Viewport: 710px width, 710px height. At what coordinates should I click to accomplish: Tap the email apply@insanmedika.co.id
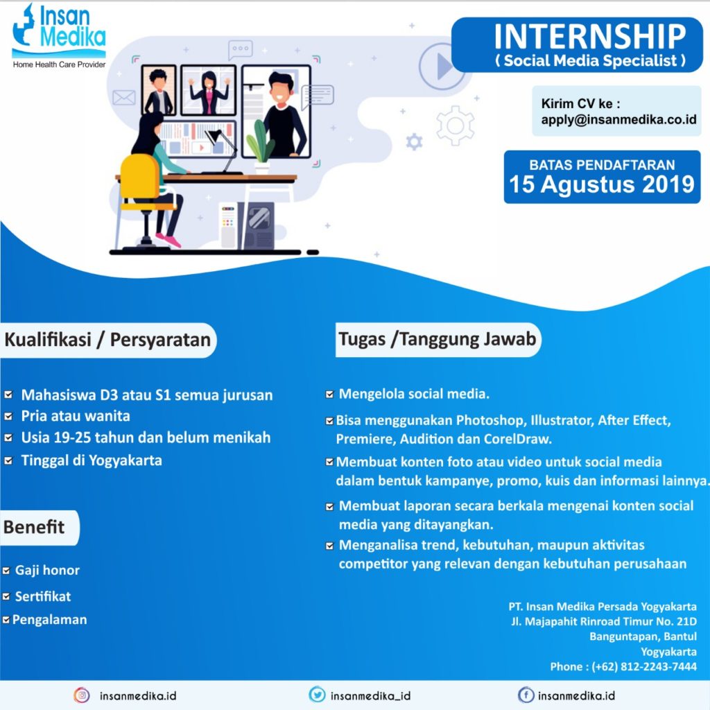pos(618,119)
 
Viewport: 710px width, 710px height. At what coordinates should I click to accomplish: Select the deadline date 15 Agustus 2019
pos(602,184)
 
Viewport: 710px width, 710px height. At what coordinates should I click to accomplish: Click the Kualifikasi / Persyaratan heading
pos(107,340)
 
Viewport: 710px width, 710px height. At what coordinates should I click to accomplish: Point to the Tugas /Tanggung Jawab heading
pos(437,339)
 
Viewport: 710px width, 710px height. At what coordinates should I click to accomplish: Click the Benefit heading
pos(34,527)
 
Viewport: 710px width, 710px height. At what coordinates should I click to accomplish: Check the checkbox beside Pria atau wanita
pos(8,417)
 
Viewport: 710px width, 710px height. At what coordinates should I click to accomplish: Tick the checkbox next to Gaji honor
pos(6,571)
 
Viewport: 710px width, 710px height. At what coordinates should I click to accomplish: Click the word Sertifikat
pos(43,596)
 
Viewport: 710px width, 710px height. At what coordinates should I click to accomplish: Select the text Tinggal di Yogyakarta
pos(92,460)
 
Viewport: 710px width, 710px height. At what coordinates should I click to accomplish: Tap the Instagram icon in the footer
pos(82,695)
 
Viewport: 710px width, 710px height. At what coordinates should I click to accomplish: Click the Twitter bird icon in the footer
pos(317,695)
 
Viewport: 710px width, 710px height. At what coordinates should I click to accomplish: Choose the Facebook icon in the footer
pos(526,695)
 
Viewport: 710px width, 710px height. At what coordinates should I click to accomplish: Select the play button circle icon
pos(442,66)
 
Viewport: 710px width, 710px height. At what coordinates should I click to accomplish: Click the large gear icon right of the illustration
pos(456,125)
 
